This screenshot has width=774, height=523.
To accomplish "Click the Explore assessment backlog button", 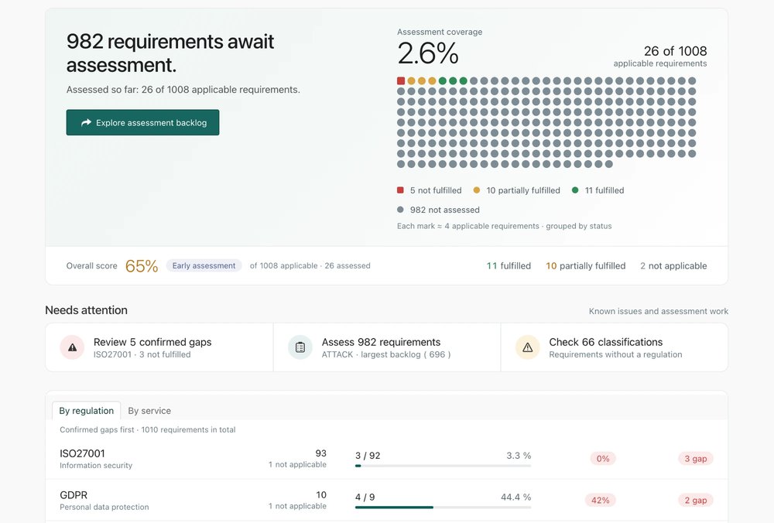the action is coord(142,122).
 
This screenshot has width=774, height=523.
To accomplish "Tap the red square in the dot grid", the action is coord(401,81).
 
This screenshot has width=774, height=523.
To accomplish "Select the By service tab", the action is coord(149,411).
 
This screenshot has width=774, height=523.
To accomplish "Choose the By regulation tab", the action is coord(87,411).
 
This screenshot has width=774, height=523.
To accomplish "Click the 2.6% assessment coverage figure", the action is coord(428,53).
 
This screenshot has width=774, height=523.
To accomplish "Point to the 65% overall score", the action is coord(142,266).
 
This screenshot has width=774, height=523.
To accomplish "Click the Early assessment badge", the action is coord(204,265).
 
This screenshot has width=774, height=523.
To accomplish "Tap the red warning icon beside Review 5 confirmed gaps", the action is coord(72,347).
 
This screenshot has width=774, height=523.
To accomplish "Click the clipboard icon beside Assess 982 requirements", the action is coord(300,347).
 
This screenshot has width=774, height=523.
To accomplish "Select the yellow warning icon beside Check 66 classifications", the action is coord(528,347).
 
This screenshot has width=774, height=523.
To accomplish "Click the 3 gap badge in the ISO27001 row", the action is coord(696,458).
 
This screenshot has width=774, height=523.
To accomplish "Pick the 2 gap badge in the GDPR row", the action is coord(696,500).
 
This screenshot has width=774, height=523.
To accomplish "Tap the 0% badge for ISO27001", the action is coord(603,458).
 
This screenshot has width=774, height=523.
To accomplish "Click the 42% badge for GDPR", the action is coord(601,500).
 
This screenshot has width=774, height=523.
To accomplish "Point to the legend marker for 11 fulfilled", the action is coord(575,190).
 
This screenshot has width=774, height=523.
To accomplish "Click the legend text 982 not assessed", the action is coord(445,210).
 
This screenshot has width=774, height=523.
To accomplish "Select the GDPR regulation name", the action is coord(74,495).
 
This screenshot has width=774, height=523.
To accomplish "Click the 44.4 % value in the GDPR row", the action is coord(515,497).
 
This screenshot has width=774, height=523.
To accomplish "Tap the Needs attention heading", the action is coord(87,309).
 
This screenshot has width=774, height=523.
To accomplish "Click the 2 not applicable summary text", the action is coord(673,266).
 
